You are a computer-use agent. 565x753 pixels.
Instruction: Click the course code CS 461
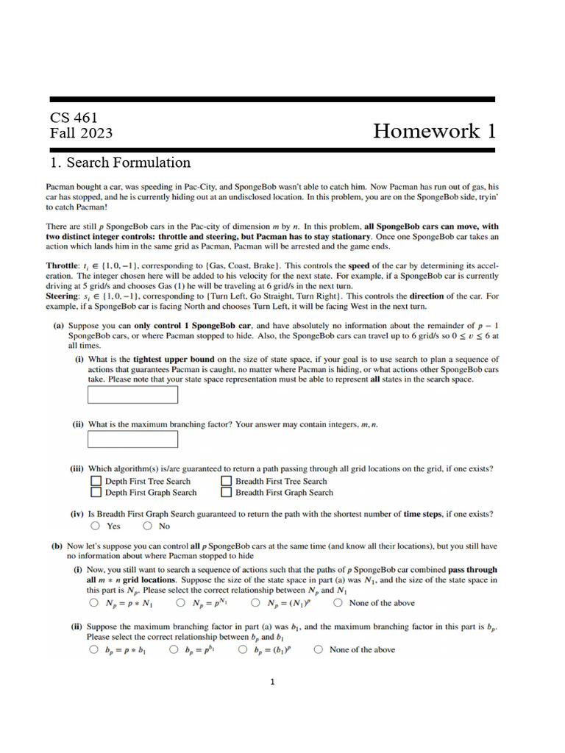(x=74, y=118)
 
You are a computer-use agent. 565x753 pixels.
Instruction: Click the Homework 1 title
(x=434, y=131)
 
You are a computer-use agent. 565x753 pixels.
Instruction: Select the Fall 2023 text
(x=81, y=133)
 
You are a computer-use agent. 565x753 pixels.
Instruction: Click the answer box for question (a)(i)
(x=133, y=395)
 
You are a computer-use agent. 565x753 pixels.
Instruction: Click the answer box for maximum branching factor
(x=133, y=440)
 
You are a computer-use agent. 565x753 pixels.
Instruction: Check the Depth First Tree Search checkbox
(x=96, y=482)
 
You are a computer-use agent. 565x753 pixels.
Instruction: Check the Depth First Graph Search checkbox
(x=96, y=493)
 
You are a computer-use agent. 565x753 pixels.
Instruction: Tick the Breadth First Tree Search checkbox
(x=226, y=482)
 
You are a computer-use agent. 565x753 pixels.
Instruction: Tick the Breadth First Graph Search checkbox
(x=226, y=493)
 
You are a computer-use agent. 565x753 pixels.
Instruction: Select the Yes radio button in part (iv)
(x=96, y=527)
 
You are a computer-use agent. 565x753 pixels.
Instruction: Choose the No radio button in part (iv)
(x=148, y=527)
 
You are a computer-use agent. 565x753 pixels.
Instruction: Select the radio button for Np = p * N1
(x=93, y=603)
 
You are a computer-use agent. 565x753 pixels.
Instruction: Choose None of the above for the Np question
(x=338, y=603)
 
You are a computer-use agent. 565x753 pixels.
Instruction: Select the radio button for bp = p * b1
(x=93, y=650)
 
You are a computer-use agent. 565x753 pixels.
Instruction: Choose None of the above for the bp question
(x=318, y=650)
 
